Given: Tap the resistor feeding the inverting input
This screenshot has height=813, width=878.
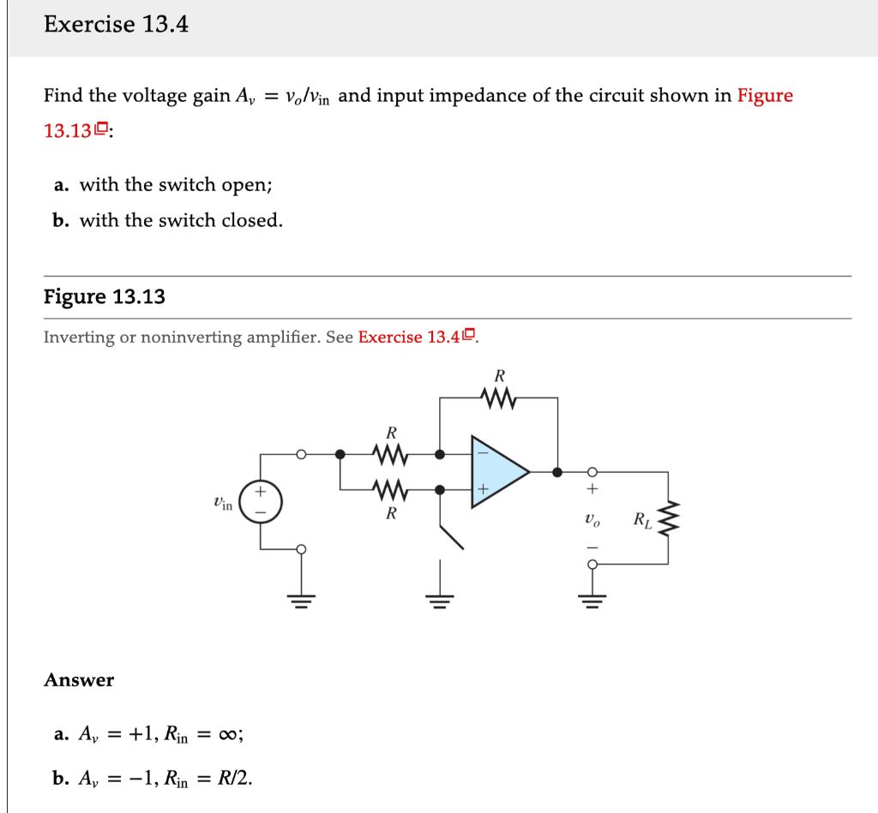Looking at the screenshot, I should click(390, 452).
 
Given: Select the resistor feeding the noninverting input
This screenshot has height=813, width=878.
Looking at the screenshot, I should click(390, 490).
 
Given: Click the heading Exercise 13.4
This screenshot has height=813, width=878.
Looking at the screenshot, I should click(116, 25).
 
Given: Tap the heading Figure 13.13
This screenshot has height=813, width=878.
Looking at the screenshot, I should click(105, 297).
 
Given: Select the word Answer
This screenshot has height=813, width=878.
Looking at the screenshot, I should click(79, 680).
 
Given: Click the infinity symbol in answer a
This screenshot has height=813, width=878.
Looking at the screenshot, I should click(229, 734).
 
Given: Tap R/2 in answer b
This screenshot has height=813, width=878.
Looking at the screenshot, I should click(235, 779).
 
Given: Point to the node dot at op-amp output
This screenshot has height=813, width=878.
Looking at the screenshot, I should click(557, 471).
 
